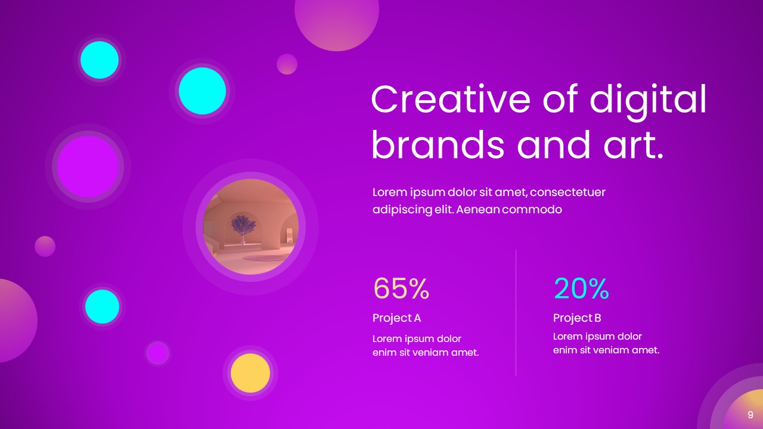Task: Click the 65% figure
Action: [401, 289]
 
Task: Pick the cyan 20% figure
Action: [581, 289]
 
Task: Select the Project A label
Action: [396, 318]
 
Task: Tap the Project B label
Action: [577, 318]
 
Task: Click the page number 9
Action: [750, 415]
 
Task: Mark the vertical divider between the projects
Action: [516, 313]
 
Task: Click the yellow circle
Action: [250, 373]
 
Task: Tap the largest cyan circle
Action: [202, 91]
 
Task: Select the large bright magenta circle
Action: [88, 166]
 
